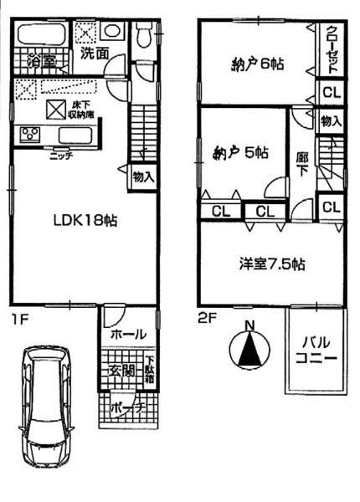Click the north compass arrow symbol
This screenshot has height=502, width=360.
248,346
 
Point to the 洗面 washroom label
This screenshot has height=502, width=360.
94,53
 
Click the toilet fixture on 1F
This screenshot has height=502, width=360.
143,35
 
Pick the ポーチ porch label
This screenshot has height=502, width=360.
123,407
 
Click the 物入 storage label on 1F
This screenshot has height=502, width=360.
141,177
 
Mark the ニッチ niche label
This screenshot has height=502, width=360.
60,154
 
